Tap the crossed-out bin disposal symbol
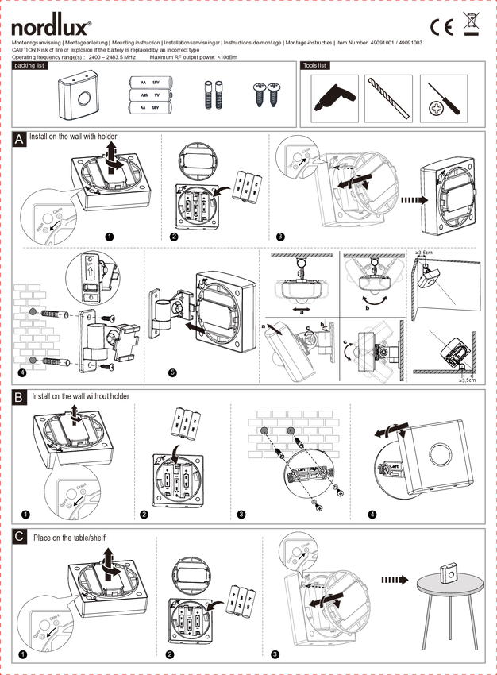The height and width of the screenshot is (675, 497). point(472,25)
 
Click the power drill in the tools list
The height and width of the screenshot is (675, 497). point(333,98)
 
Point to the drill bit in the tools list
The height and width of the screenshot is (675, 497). point(388,98)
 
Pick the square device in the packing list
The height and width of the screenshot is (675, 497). point(79,99)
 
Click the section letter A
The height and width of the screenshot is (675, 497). point(19,139)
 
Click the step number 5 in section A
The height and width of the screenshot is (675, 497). point(172,372)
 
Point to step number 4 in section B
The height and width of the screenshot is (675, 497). point(372,514)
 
